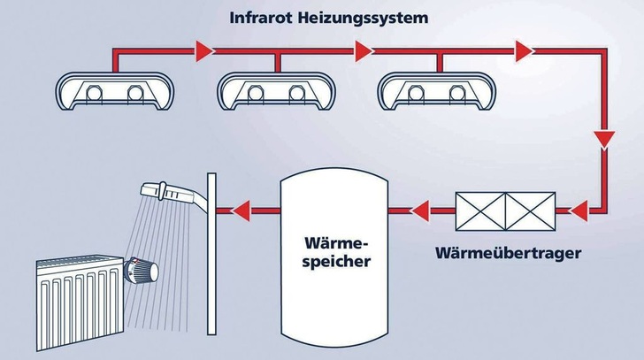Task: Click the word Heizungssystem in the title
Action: click(x=357, y=17)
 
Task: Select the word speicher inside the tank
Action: click(x=329, y=262)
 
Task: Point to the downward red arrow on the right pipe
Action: click(x=605, y=138)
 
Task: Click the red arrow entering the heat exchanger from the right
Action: click(x=579, y=211)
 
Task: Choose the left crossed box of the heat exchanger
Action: click(x=479, y=211)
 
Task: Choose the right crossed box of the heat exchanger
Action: click(x=528, y=211)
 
